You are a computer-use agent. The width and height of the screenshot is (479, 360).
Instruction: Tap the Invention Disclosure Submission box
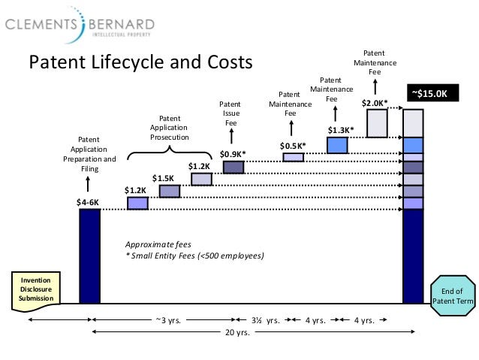tap(35, 287)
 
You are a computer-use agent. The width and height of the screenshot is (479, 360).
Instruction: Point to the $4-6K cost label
tap(88, 201)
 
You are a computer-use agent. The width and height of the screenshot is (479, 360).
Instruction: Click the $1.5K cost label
tap(163, 178)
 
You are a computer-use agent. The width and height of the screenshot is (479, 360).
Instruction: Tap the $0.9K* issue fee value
tap(232, 155)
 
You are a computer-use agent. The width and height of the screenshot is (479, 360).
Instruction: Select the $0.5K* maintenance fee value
tap(293, 145)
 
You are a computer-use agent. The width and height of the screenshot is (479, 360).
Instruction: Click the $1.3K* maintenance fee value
tap(340, 129)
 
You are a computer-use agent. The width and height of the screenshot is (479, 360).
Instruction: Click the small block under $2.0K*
tap(377, 123)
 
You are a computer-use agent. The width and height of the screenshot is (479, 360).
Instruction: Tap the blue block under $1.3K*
tap(337, 145)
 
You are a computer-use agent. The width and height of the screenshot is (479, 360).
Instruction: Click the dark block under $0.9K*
tap(233, 167)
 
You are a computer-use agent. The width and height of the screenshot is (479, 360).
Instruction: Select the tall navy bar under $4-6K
tap(89, 256)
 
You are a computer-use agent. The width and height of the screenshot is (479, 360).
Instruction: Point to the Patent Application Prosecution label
tap(170, 128)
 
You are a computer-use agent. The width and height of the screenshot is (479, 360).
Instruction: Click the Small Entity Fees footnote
tap(194, 256)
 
